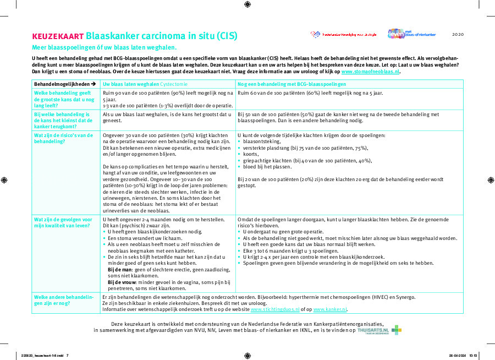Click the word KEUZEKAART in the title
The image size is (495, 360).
[x=57, y=36]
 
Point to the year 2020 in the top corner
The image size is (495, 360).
[x=458, y=34]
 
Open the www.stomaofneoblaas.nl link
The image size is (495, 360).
[x=371, y=72]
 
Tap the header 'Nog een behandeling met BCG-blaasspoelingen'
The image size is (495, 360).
[x=291, y=84]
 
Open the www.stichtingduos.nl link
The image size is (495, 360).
[x=277, y=310]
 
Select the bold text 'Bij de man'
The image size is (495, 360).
[x=119, y=269]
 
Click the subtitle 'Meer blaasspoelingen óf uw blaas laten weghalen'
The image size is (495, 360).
[x=104, y=48]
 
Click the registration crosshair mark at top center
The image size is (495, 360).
[x=247, y=4]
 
